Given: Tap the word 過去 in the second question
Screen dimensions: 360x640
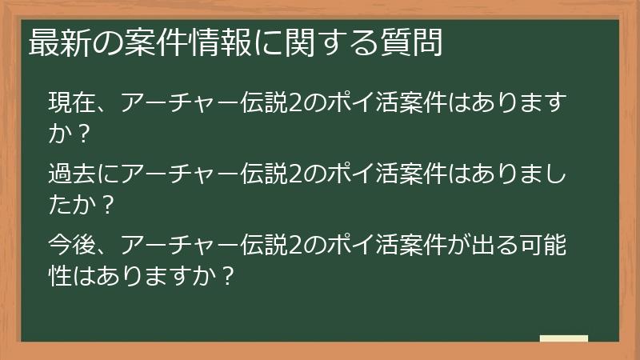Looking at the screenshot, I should (x=70, y=173).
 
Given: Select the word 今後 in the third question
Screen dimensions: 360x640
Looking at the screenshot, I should (x=70, y=243).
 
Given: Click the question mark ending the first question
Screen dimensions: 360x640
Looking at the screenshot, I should (x=81, y=134).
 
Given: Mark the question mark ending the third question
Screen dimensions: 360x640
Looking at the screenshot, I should (x=228, y=274).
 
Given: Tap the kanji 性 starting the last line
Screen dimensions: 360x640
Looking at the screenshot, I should (x=59, y=274).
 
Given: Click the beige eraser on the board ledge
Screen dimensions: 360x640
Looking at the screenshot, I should (x=563, y=338).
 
